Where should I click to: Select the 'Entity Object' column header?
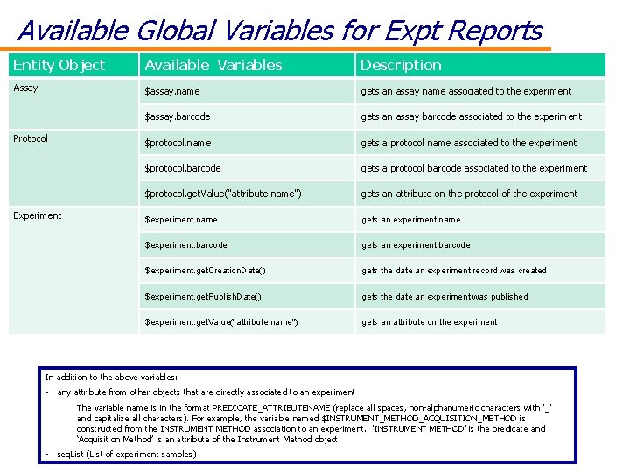point(59,65)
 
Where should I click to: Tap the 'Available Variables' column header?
point(213,65)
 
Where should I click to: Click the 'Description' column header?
point(401,65)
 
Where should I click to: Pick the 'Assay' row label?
point(26,88)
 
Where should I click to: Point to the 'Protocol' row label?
point(31,139)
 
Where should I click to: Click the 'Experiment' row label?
point(38,215)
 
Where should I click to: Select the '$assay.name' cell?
point(172,91)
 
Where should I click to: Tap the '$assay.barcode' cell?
point(178,116)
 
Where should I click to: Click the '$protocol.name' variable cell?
point(178,143)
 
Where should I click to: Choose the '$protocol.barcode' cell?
point(183,168)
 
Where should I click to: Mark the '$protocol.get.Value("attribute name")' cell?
point(223,194)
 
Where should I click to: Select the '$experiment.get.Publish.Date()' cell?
point(203,297)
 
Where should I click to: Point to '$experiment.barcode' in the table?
point(185,245)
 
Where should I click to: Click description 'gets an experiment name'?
point(410,220)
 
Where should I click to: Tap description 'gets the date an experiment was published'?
point(444,297)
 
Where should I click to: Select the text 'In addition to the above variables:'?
point(111,377)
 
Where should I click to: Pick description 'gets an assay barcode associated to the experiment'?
point(471,116)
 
